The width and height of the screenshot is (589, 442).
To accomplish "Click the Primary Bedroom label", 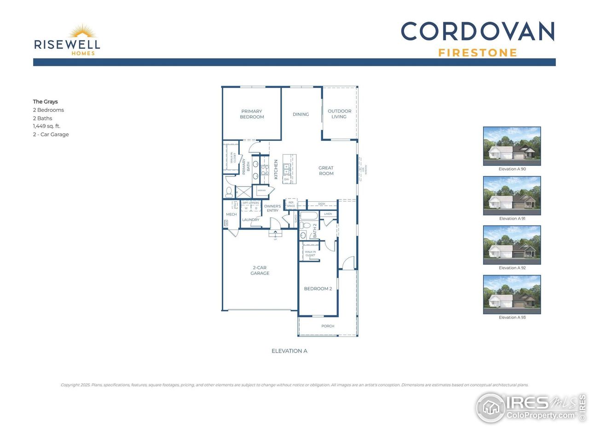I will click(252, 114).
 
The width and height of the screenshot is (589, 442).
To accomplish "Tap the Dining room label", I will click(300, 114).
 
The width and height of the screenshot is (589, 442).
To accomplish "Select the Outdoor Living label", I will click(339, 114).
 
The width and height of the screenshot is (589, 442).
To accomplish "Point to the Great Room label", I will click(326, 171).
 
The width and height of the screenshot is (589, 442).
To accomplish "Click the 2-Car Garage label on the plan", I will click(260, 270).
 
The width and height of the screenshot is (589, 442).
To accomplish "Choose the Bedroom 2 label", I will click(318, 289).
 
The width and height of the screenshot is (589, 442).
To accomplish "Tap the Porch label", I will click(328, 326).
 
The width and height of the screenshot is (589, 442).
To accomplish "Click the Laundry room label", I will click(251, 220).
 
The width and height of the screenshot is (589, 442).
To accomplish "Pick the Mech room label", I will click(231, 215).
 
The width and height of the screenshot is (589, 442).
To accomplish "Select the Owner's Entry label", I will click(272, 209).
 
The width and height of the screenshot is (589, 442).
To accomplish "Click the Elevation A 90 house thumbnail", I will click(512, 146).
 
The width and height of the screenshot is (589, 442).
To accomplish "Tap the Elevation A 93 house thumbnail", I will click(512, 295).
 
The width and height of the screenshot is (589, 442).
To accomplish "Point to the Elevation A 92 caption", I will click(512, 268).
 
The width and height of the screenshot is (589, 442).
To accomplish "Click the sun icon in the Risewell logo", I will click(83, 32).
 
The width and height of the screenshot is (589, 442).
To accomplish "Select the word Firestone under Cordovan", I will click(478, 53).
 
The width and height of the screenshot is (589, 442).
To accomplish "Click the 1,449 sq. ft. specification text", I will click(46, 126).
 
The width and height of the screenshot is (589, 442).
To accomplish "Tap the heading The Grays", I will click(45, 102).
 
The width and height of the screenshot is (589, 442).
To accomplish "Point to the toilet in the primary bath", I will click(229, 192).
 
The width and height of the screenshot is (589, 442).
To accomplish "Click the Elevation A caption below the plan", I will click(289, 351).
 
